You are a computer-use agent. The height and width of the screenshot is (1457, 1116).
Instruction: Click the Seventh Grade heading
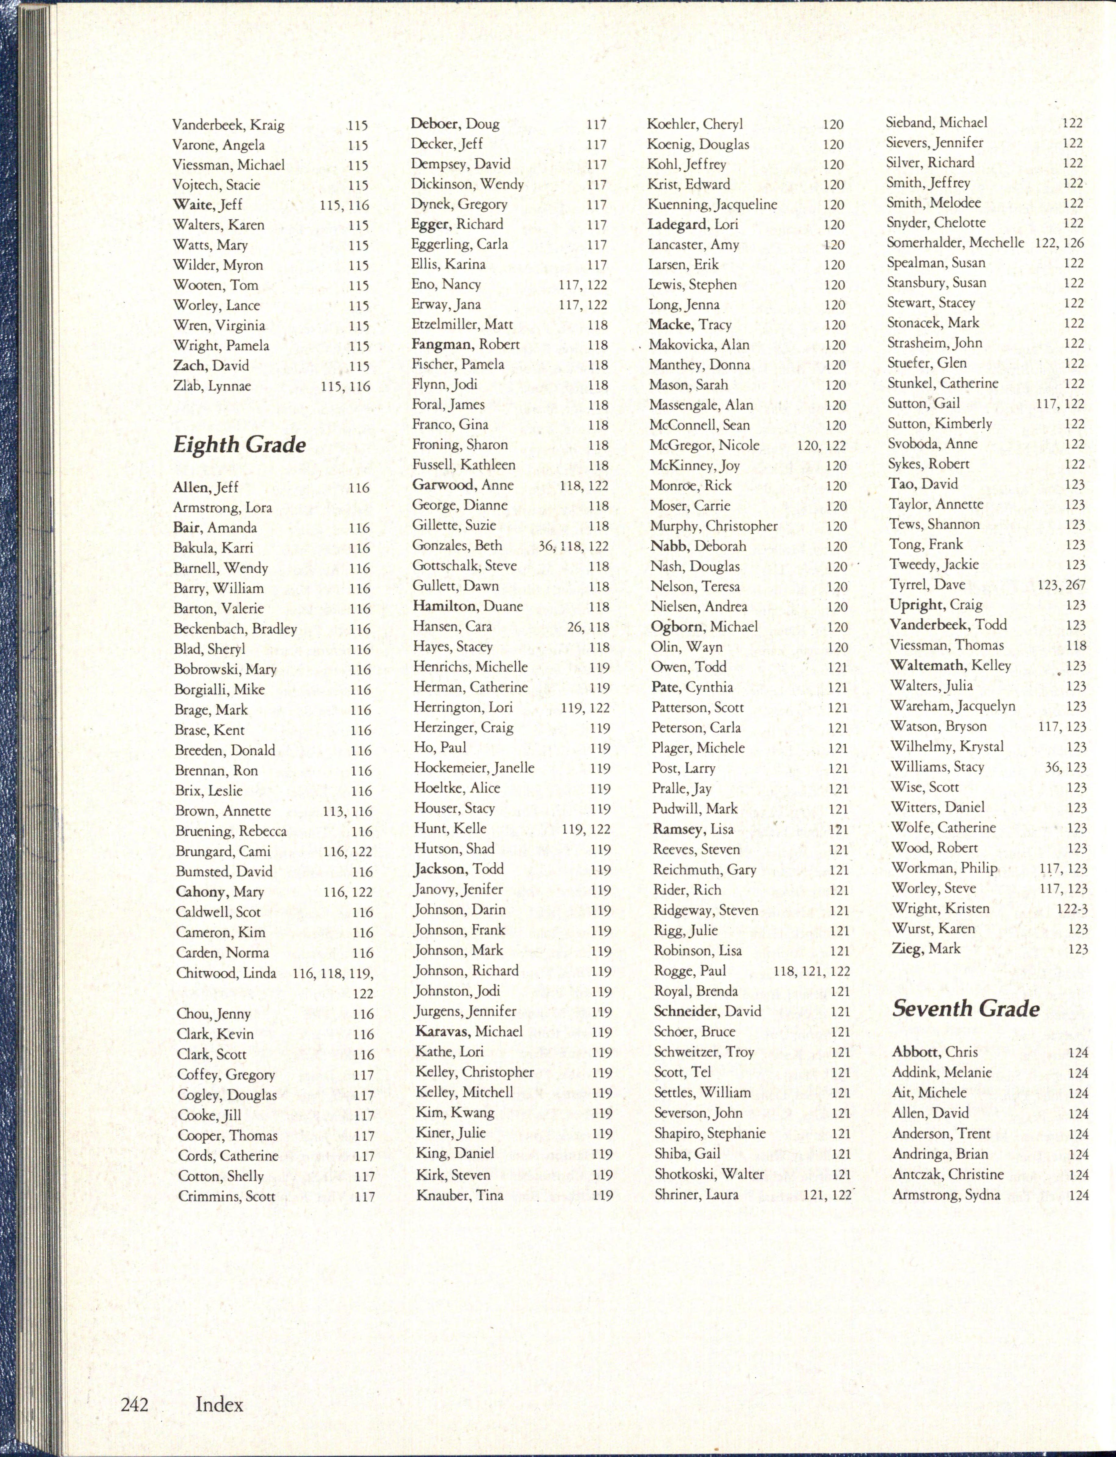click(x=965, y=1009)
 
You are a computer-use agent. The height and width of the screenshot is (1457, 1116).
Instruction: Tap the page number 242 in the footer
click(x=134, y=1405)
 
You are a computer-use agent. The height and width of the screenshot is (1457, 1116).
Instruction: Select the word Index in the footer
click(x=219, y=1405)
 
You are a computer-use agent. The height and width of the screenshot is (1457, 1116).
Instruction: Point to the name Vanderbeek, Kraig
click(x=229, y=125)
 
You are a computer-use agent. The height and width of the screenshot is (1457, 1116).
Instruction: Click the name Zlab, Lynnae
click(x=212, y=386)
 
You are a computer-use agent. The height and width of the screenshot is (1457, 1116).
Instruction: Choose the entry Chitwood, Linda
click(x=226, y=973)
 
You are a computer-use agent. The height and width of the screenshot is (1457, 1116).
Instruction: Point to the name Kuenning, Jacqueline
click(x=712, y=204)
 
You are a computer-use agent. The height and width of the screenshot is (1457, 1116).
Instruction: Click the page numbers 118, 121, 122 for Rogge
click(x=812, y=971)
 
